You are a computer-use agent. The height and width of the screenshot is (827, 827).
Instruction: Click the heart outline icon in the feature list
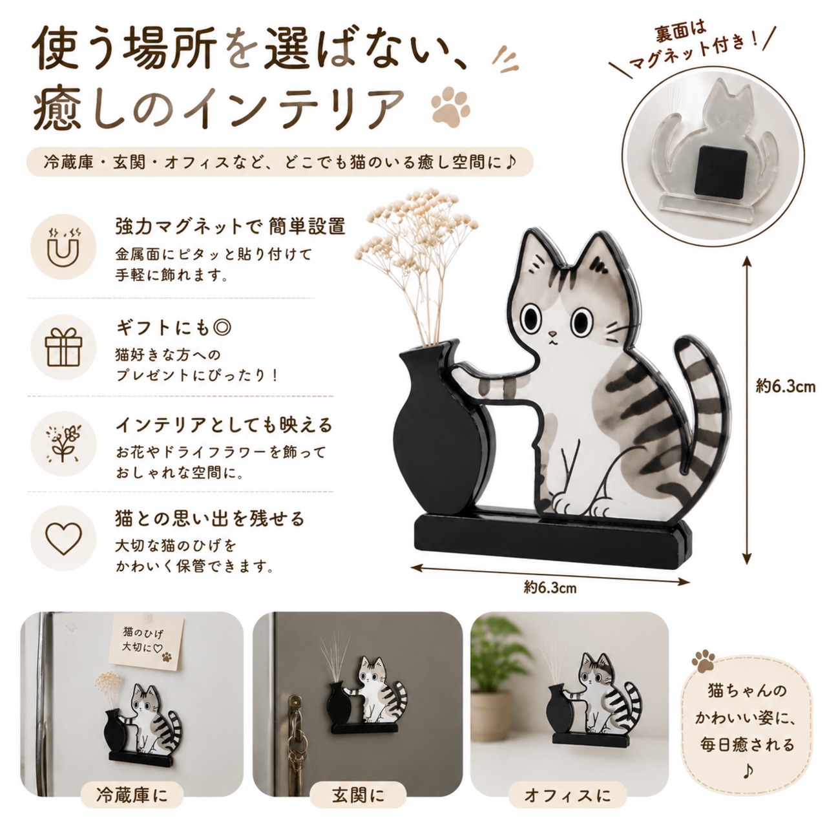[63, 539]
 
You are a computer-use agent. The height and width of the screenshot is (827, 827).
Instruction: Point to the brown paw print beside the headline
[451, 105]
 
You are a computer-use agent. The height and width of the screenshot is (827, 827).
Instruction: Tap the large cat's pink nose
[554, 333]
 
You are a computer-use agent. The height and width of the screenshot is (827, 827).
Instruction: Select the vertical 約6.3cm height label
[785, 387]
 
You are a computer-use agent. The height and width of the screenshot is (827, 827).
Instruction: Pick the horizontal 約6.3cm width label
[550, 587]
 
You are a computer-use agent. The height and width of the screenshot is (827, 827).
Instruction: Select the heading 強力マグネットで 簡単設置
[231, 226]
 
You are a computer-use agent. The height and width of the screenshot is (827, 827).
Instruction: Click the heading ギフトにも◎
[174, 328]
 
